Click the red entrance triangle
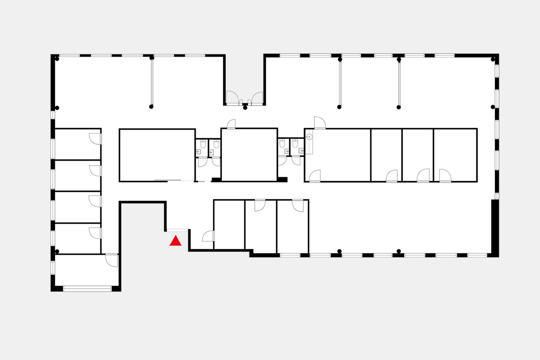coord(175,241)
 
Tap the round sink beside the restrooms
coord(309,136)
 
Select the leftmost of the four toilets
coord(203,144)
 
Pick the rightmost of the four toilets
coord(296,144)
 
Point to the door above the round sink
coord(319,122)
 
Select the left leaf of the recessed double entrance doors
coord(232,98)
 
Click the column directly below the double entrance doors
coord(245,108)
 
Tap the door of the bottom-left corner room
coord(112,261)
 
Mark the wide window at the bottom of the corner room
coord(87,288)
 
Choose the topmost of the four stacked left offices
coord(77,144)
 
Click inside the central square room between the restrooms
coord(249,155)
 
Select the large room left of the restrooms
coord(157,155)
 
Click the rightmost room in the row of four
coord(455,155)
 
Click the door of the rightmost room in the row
coord(445,176)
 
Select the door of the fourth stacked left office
coord(94,233)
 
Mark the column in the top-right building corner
coord(493,59)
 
